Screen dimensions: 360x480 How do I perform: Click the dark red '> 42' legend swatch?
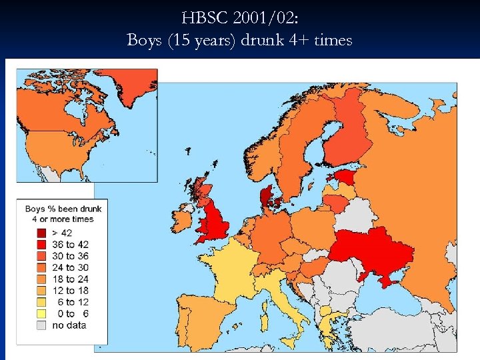[x=41, y=233]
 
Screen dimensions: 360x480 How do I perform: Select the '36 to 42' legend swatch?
[x=41, y=244]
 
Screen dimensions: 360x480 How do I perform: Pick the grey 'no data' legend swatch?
[x=41, y=325]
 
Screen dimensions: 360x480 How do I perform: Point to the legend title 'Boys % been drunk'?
[x=63, y=209]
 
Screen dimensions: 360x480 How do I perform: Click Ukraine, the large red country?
[x=373, y=250]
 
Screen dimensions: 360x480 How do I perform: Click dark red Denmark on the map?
[x=271, y=197]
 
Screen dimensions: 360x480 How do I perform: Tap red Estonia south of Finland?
[x=345, y=176]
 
